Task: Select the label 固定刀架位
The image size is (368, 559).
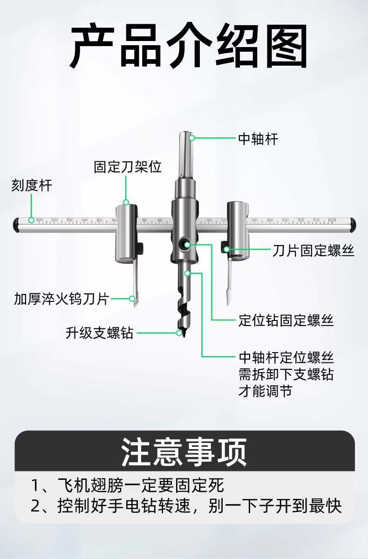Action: (128, 167)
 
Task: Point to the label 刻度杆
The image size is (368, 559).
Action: (32, 186)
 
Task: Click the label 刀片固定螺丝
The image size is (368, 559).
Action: (313, 251)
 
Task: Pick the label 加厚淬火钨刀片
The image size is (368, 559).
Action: (61, 299)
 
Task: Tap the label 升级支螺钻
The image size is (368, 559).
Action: (100, 334)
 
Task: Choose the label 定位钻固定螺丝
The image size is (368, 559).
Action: (286, 321)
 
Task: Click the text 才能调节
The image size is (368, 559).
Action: (266, 391)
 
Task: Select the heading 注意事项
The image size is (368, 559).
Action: (184, 451)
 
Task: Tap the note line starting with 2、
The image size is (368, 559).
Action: (186, 506)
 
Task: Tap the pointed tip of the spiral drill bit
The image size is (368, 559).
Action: (180, 334)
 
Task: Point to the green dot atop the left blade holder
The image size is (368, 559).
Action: (126, 202)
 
